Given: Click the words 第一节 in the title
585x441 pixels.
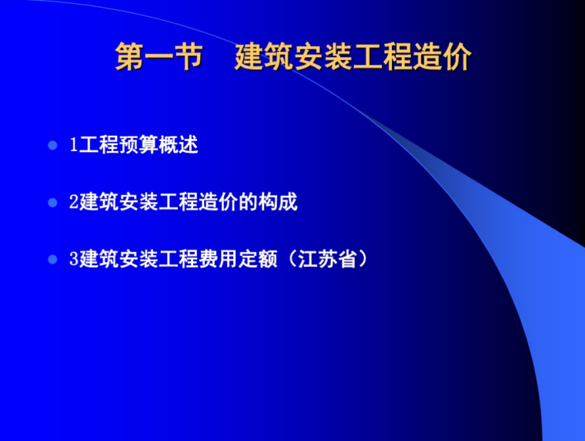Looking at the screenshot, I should pos(159,59).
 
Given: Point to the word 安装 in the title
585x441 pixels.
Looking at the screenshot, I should pos(323,59).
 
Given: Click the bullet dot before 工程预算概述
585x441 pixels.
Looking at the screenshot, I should pos(52,144).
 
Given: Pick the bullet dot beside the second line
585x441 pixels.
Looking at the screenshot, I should pos(52,203).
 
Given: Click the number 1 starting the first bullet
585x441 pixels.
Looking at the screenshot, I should pos(73,144).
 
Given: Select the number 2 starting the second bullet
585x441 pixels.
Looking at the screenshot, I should pos(73,203).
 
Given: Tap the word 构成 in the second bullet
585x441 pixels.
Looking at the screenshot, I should pos(278,203).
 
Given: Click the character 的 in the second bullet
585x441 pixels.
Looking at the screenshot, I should pos(248,203).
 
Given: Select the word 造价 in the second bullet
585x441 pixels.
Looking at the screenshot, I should pos(218,203).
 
